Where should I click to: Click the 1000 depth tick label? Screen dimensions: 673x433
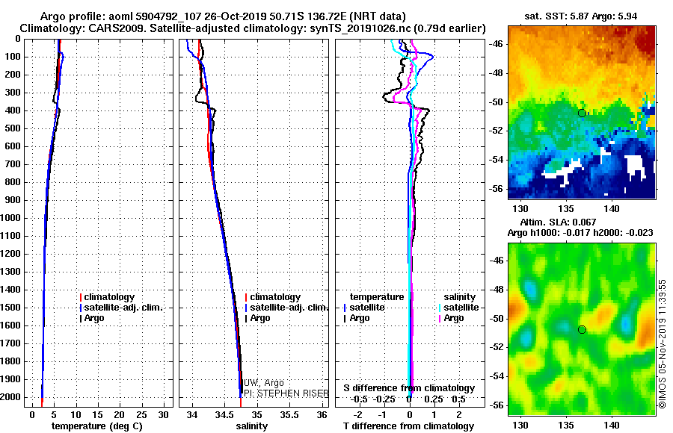tap(10, 218)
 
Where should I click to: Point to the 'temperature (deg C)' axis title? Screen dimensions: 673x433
tap(97, 426)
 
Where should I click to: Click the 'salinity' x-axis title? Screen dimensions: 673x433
tap(252, 426)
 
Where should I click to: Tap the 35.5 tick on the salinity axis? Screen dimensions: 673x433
tap(289, 415)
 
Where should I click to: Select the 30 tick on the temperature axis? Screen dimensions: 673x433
tap(163, 415)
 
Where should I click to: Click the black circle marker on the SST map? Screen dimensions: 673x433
tap(582, 113)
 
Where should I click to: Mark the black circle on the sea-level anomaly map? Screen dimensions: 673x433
tap(582, 330)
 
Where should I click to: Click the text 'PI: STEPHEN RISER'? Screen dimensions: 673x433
tap(286, 393)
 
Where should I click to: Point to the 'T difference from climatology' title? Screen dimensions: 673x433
tap(408, 426)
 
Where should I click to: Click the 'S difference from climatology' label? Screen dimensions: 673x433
tap(409, 388)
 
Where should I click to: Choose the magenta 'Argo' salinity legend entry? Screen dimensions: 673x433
tap(451, 318)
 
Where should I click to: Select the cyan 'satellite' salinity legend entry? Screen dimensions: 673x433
tap(458, 308)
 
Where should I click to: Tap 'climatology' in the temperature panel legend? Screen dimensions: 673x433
tap(107, 297)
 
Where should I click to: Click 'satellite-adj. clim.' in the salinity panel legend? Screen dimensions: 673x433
tap(286, 308)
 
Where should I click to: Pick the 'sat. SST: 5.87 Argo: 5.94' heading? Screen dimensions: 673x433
tap(581, 16)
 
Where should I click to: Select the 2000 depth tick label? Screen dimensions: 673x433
tap(10, 397)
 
